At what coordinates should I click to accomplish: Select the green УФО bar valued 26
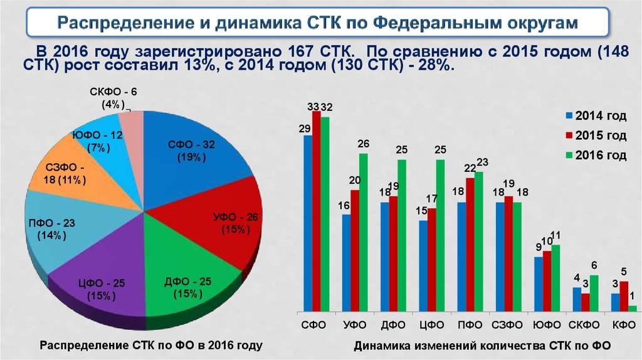[x=363, y=232]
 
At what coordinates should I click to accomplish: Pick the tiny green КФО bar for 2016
[x=633, y=308]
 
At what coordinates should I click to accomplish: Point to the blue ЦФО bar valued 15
[x=423, y=265]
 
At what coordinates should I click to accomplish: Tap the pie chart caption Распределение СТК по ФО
[x=150, y=345]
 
